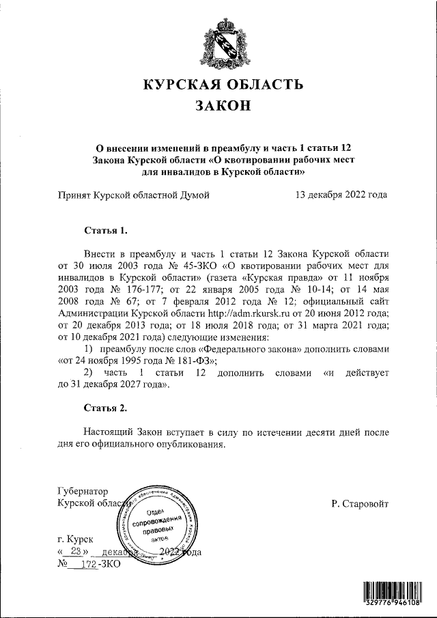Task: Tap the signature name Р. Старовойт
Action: point(360,504)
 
